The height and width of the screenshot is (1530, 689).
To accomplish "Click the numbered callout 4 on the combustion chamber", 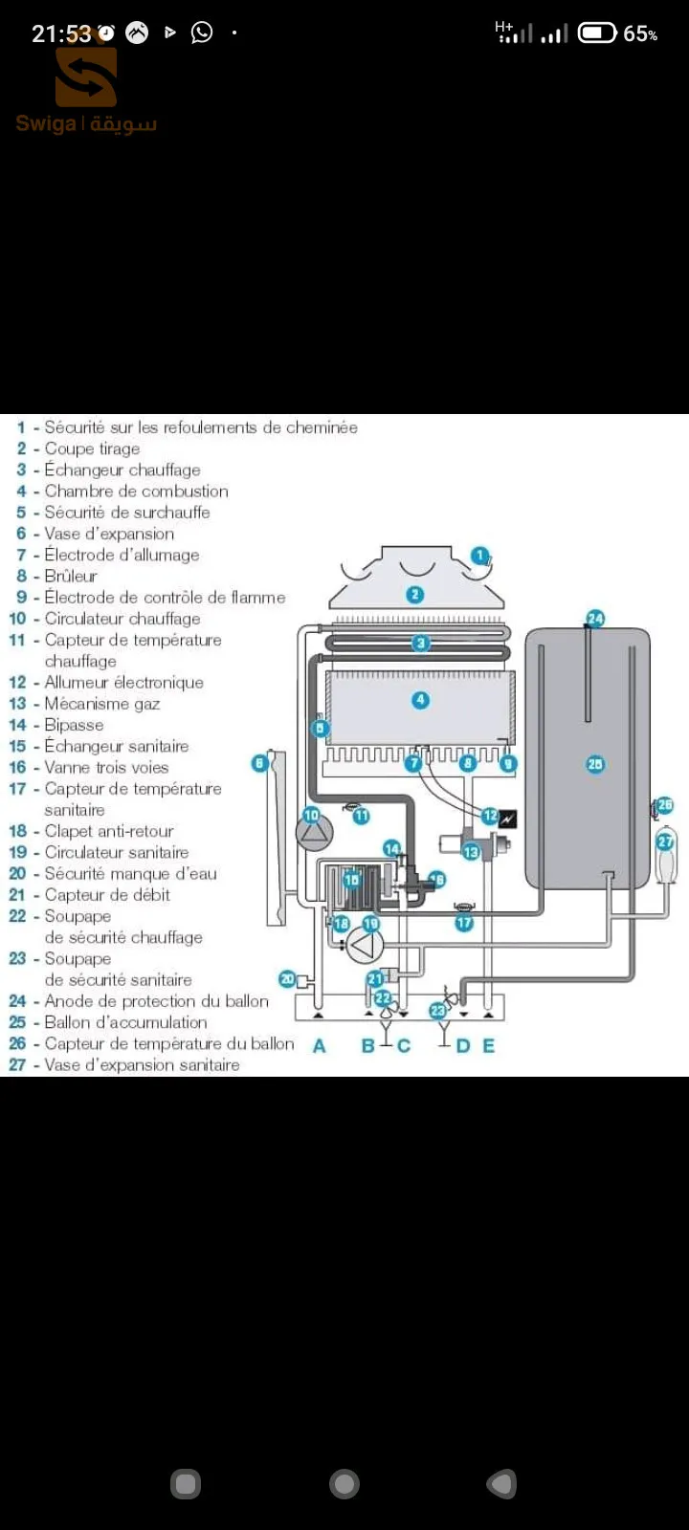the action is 420,699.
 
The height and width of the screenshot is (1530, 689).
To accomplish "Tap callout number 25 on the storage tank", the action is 594,764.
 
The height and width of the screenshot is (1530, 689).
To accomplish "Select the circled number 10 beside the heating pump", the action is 311,815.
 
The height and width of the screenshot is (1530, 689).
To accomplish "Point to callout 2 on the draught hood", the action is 415,594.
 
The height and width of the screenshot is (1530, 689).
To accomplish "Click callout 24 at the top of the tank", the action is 595,618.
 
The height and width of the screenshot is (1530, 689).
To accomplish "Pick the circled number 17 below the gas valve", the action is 464,923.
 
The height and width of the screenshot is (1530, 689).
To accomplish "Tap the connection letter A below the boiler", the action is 320,1046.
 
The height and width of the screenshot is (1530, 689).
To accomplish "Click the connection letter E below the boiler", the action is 489,1046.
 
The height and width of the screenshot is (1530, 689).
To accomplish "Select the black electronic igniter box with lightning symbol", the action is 508,818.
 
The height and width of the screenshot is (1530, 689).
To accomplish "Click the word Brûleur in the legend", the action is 71,576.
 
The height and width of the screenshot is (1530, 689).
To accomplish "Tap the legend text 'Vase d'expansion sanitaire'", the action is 142,1064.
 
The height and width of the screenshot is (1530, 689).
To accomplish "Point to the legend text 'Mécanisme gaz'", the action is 101,704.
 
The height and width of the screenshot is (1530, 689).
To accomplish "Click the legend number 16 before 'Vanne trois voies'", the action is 17,767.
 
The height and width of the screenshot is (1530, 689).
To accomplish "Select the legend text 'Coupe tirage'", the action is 92,448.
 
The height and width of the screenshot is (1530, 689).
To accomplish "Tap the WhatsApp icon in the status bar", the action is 202,33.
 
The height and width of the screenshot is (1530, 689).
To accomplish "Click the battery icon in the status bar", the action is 597,33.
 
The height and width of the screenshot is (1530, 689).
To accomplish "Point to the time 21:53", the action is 61,33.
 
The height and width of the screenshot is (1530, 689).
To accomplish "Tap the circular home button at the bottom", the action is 344,1483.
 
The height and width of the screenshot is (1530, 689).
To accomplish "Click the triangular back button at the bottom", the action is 502,1483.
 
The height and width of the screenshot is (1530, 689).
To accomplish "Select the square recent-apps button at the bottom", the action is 186,1483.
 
